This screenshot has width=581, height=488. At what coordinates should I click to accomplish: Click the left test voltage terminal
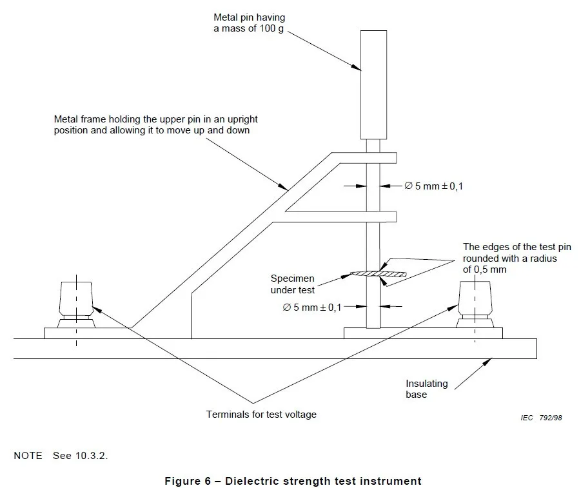point(77,302)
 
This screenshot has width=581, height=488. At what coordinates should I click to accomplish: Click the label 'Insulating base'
point(426,389)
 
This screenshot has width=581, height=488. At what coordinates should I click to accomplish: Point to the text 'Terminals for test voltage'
point(261,415)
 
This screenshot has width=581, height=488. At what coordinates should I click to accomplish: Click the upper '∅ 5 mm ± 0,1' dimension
point(433,186)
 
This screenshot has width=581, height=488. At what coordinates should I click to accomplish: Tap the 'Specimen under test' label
point(293,284)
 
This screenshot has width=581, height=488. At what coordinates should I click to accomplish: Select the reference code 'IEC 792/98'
point(542,418)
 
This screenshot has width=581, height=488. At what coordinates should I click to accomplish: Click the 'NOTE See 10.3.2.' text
point(62,455)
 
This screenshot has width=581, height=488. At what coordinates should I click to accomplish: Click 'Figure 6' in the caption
point(186,481)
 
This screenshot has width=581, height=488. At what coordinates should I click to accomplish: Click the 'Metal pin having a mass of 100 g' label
point(250,23)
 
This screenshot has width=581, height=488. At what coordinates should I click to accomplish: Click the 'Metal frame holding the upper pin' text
point(157,125)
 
